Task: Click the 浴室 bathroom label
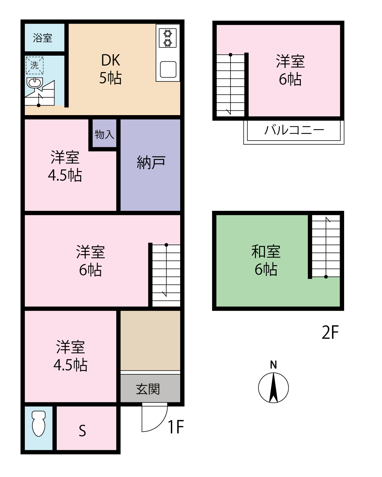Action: [x=42, y=38]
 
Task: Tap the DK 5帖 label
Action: [x=110, y=69]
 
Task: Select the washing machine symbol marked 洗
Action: [x=34, y=65]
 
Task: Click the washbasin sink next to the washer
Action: [x=35, y=83]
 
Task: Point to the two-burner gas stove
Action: [x=167, y=38]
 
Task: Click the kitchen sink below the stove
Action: [x=168, y=69]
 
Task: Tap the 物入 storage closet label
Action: [x=104, y=134]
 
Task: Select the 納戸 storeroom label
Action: [x=151, y=162]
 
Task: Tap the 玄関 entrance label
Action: [x=148, y=389]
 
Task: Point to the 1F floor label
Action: [x=176, y=427]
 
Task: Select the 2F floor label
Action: [x=330, y=332]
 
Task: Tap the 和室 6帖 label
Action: [x=266, y=260]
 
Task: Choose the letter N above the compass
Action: [x=273, y=365]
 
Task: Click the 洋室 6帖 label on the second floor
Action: [x=290, y=70]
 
